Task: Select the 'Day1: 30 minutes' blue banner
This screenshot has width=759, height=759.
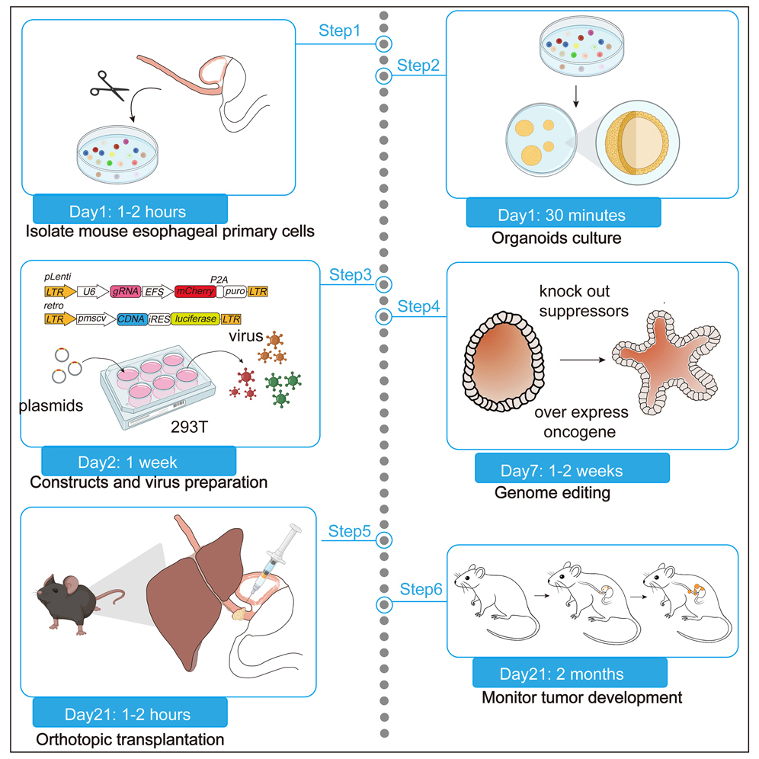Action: pyautogui.click(x=563, y=215)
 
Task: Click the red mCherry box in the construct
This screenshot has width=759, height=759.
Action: pyautogui.click(x=195, y=291)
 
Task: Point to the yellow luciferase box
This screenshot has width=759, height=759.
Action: pyautogui.click(x=195, y=319)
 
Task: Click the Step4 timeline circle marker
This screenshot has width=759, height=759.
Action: pyautogui.click(x=386, y=315)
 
